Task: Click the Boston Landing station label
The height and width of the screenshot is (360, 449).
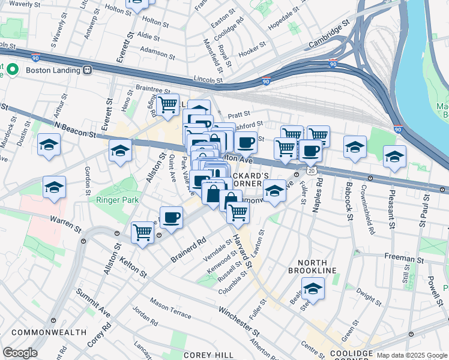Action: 53,70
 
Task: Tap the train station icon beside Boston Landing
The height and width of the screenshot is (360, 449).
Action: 87,70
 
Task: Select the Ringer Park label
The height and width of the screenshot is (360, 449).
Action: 120,200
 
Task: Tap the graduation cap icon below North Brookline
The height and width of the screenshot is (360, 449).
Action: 312,289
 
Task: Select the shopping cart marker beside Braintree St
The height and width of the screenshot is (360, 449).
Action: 167,104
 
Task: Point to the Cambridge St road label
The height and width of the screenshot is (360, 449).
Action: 329,37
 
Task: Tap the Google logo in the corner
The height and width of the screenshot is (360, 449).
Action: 20,353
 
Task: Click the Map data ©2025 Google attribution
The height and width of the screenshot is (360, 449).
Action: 411,355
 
